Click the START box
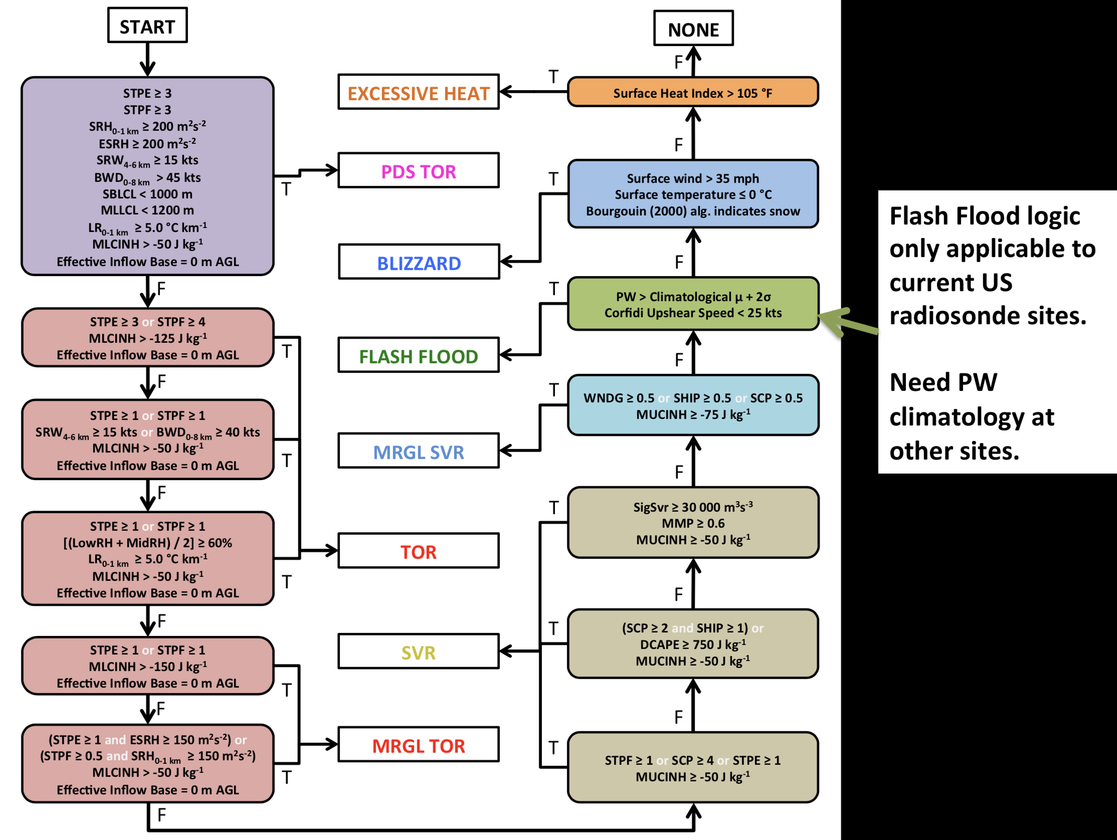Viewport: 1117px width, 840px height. (147, 26)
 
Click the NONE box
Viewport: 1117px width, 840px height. (693, 29)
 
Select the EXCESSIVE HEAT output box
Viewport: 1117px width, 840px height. (418, 93)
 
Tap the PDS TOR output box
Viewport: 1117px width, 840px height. (418, 171)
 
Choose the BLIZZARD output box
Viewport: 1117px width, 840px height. (419, 263)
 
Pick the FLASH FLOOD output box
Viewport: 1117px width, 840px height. (418, 356)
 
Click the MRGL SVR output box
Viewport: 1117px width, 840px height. (418, 451)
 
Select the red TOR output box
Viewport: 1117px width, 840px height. (418, 551)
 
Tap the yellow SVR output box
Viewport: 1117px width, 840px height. (418, 652)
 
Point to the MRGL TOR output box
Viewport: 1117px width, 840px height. (418, 745)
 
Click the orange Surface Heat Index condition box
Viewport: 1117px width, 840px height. (692, 93)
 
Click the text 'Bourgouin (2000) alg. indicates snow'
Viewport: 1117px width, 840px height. (692, 211)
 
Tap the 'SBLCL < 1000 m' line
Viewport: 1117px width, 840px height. (147, 194)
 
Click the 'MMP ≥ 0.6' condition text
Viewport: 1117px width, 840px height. (692, 523)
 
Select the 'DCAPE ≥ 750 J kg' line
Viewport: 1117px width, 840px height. (692, 645)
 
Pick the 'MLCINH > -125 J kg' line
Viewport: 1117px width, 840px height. (147, 338)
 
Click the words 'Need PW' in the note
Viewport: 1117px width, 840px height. (943, 382)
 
